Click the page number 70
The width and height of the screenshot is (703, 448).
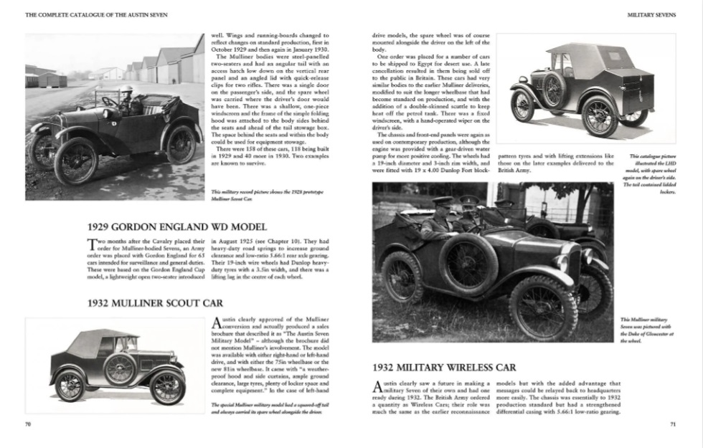point(28,424)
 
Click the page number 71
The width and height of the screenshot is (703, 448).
point(673,424)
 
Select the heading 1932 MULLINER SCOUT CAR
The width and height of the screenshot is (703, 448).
point(155,303)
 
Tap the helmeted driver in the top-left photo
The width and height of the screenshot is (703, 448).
point(128,100)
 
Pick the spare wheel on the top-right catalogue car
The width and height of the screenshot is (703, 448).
point(554,90)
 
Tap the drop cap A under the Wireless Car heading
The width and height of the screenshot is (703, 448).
point(378,388)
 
